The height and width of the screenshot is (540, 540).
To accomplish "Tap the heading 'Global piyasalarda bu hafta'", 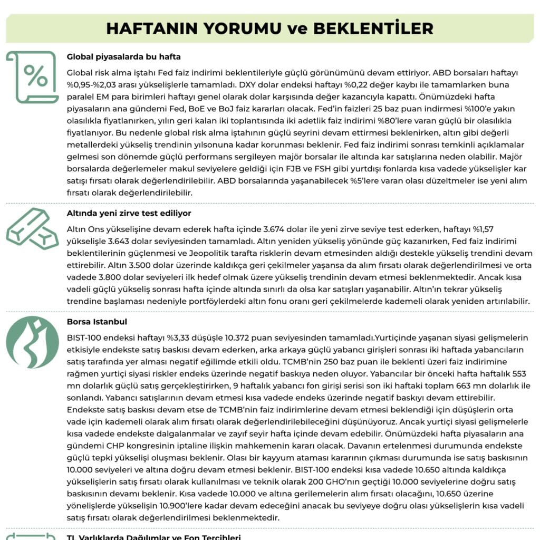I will click(124, 57).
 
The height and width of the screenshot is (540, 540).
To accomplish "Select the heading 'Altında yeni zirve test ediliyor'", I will click(129, 213).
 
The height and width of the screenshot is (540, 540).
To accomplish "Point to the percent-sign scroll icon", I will click(32, 77).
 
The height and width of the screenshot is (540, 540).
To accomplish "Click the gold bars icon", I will click(32, 228).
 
